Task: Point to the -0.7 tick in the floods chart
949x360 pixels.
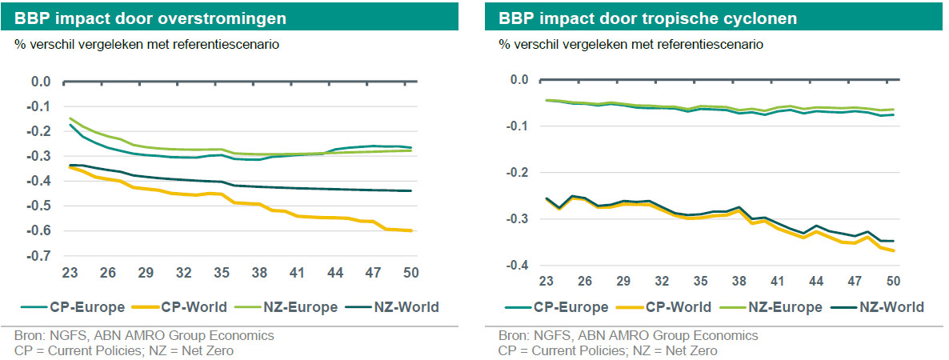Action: pyautogui.click(x=39, y=256)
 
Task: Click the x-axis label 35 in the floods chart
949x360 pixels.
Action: pyautogui.click(x=222, y=273)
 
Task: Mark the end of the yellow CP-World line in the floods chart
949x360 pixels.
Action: pyautogui.click(x=411, y=230)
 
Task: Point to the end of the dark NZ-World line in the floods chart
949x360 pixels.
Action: pyautogui.click(x=411, y=190)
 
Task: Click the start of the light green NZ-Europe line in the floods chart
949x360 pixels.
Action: pyautogui.click(x=70, y=118)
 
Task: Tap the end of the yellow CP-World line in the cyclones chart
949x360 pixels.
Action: pyautogui.click(x=894, y=251)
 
